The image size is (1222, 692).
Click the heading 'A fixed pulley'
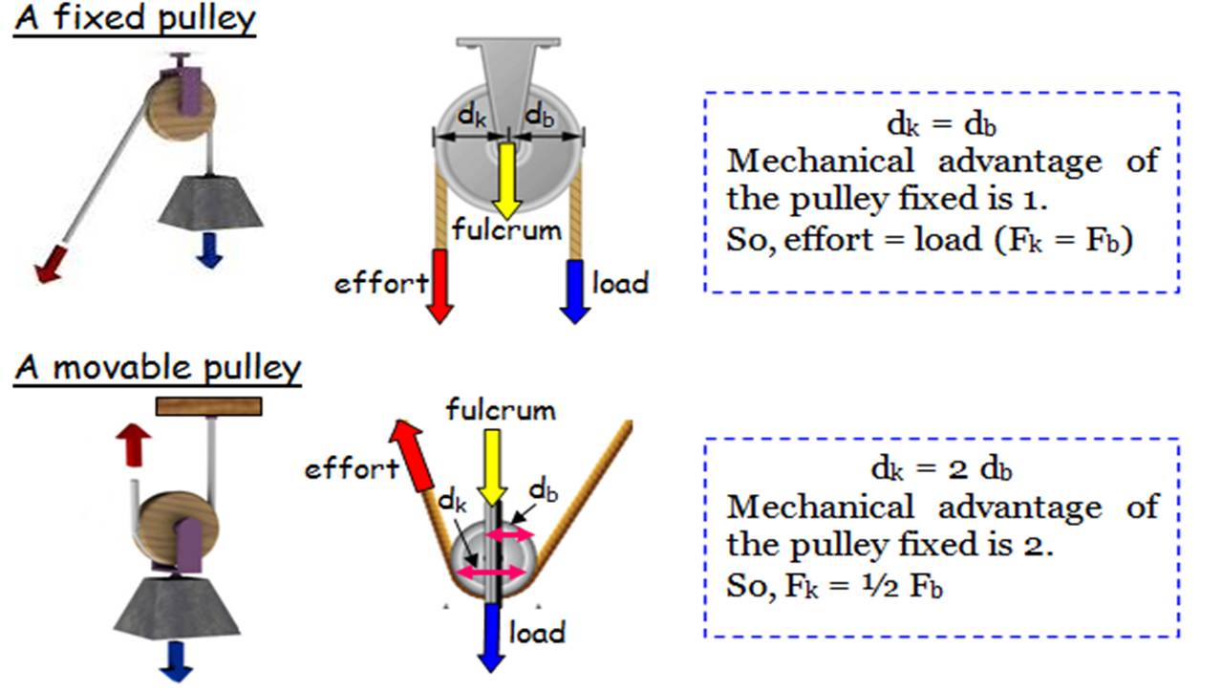coord(135,19)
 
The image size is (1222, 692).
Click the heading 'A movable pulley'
coord(158,369)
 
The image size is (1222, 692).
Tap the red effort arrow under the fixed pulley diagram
coord(439,286)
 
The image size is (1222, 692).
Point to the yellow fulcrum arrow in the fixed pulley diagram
coord(504,181)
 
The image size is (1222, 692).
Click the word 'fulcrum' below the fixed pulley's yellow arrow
coord(505,230)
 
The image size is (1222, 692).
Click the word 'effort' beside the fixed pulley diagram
coord(380,284)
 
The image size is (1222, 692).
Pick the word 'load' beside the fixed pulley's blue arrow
coord(620,283)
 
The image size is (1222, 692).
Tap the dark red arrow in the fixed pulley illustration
coord(50,263)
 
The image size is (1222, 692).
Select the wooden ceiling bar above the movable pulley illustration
coord(209,405)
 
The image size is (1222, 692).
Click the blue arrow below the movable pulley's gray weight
coord(177,660)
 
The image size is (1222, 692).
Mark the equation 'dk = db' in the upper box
coord(941,123)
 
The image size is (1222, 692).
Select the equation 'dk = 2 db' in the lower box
coord(941,469)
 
